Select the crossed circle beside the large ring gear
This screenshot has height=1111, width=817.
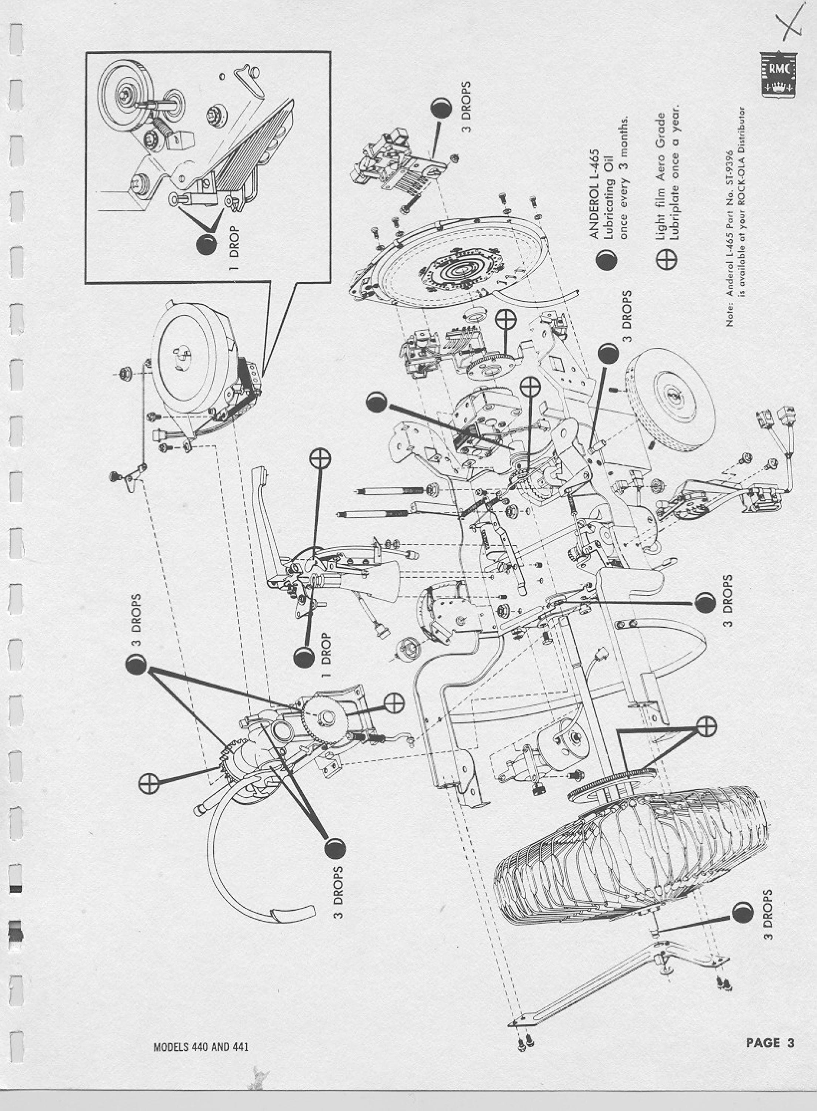coord(706,726)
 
